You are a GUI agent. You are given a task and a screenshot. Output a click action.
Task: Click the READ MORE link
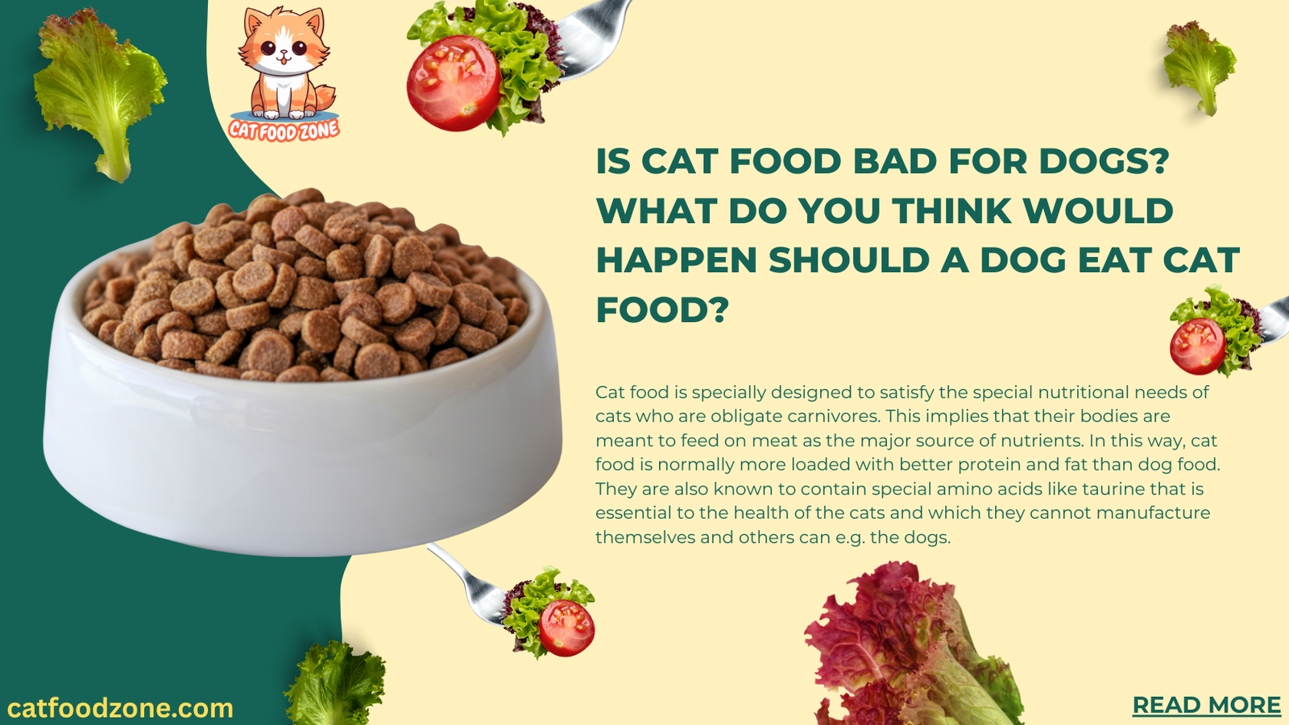[1206, 705]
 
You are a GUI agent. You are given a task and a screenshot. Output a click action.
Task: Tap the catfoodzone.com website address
[120, 708]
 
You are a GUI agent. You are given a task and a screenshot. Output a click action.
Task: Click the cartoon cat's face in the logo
[283, 48]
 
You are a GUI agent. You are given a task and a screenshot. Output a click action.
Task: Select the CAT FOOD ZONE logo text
[284, 129]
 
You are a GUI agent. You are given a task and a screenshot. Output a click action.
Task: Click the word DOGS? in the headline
[1104, 161]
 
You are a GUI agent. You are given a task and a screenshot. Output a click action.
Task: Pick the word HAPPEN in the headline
[676, 260]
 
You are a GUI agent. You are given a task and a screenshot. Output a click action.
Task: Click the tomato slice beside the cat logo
[453, 83]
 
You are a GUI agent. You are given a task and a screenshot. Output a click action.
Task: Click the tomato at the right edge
[1197, 346]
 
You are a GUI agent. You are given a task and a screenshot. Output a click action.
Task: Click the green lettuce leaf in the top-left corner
[97, 89]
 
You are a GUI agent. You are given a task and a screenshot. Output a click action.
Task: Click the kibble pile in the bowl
[306, 290]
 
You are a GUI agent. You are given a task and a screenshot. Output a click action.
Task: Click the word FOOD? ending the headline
[662, 310]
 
